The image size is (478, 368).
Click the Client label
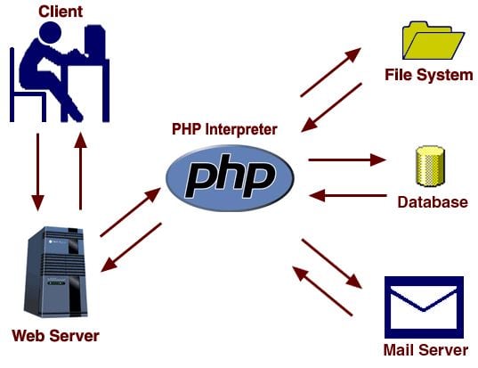tap(61, 12)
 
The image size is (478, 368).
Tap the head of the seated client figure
tap(51, 32)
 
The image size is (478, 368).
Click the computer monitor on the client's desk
tap(95, 42)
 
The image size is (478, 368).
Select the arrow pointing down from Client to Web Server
tap(37, 172)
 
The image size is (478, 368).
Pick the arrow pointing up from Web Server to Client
tap(80, 171)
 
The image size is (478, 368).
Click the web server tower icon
tap(55, 272)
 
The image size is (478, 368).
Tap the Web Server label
tap(55, 336)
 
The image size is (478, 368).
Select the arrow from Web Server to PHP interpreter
tap(130, 212)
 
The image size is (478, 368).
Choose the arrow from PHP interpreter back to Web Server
tap(131, 247)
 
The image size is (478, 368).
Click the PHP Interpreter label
tap(224, 129)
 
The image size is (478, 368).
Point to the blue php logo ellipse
tap(230, 178)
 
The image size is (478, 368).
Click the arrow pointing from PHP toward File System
tap(330, 72)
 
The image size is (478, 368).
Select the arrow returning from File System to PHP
tap(331, 108)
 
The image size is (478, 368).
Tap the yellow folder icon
tap(433, 40)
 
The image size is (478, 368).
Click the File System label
tap(429, 75)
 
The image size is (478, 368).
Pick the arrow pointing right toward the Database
tap(347, 159)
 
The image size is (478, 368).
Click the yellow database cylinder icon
tap(430, 166)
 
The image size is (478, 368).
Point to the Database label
tap(433, 202)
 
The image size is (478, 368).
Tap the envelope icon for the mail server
tap(424, 307)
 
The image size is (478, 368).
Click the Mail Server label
tap(425, 350)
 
